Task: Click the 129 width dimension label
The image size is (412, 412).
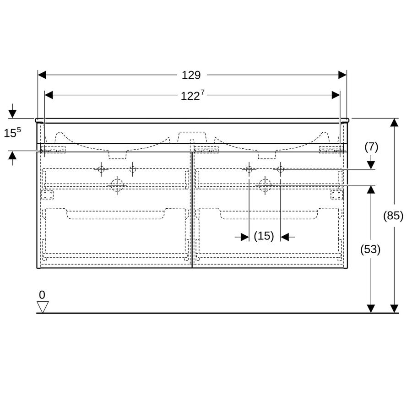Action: click(191, 75)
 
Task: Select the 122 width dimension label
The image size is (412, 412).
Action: click(193, 95)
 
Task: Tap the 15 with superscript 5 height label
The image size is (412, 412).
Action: click(12, 132)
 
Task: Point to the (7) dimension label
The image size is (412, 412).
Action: click(371, 147)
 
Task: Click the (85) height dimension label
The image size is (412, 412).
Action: click(393, 216)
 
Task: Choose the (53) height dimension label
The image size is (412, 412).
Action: click(370, 249)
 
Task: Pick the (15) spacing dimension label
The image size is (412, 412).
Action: click(264, 236)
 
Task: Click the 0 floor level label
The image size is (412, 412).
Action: click(42, 295)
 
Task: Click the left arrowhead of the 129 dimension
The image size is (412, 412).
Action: click(42, 75)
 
